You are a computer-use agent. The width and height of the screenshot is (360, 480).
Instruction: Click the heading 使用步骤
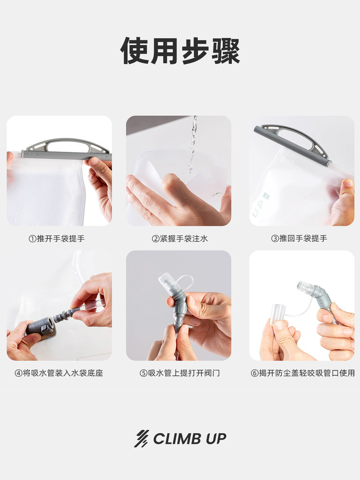(180, 50)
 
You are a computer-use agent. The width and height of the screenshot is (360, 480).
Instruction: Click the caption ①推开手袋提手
(57, 239)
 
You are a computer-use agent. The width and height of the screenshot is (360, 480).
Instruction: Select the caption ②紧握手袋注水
(180, 239)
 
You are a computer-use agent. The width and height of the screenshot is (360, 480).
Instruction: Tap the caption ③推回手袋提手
(303, 239)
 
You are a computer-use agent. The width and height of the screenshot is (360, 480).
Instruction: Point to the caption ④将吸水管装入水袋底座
(59, 373)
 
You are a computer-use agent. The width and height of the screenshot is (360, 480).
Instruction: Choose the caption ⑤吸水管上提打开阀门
(180, 373)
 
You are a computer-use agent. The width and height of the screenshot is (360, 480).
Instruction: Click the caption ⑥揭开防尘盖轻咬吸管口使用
(303, 373)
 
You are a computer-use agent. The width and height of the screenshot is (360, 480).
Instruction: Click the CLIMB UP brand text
(190, 439)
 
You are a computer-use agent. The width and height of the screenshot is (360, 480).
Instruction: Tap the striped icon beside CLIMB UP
(141, 439)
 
